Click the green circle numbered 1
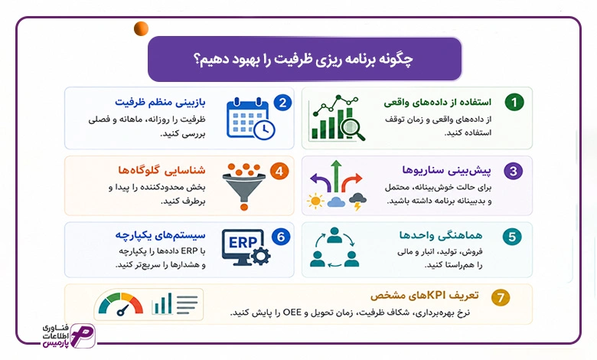[x=514, y=102]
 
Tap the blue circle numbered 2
[x=282, y=103]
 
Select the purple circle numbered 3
[x=514, y=171]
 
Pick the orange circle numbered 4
[x=279, y=172]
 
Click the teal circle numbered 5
[x=512, y=237]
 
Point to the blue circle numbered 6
[x=281, y=237]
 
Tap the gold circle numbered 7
[x=501, y=297]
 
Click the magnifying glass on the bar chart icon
[x=353, y=129]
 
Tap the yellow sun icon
[x=315, y=201]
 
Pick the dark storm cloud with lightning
[x=357, y=201]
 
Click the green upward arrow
[x=336, y=176]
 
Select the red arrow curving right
[x=351, y=182]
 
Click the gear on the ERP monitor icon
[x=261, y=256]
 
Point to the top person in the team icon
[x=334, y=234]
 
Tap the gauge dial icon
[x=121, y=304]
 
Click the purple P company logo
[x=83, y=336]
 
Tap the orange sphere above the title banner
[x=142, y=29]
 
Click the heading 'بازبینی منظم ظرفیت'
[x=160, y=102]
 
